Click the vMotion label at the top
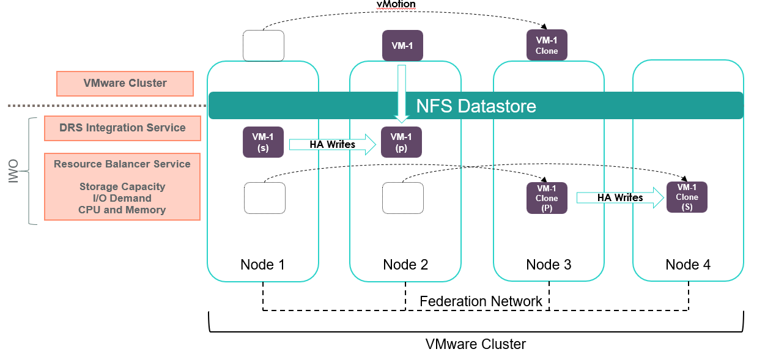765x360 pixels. [396, 4]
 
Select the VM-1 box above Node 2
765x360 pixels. [402, 45]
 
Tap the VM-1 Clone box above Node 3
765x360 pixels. [547, 45]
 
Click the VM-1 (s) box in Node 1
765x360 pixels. [263, 142]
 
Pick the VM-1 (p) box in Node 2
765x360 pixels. [401, 142]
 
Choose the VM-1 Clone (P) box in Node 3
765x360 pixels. [547, 198]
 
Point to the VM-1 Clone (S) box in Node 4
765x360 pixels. [687, 197]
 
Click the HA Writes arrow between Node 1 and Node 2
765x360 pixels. [333, 144]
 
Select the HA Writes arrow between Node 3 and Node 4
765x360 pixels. [619, 197]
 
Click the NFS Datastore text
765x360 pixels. [476, 106]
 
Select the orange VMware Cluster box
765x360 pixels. [125, 83]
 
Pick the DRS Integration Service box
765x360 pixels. [122, 128]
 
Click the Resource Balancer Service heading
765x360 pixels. [122, 164]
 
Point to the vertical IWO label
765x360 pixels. [14, 172]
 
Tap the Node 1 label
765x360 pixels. [263, 265]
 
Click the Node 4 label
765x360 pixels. [688, 265]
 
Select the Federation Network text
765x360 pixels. [481, 301]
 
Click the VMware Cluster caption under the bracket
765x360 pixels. [475, 344]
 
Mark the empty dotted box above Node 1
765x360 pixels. [264, 45]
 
